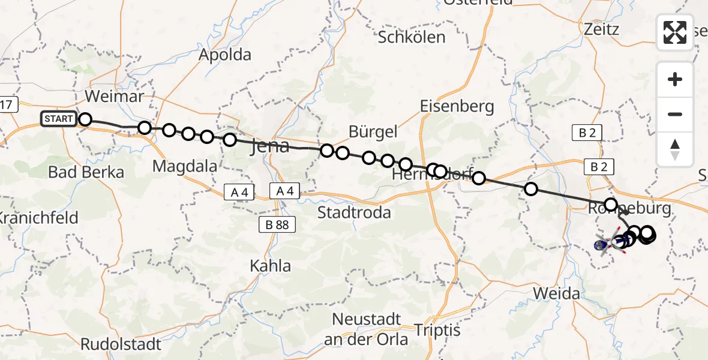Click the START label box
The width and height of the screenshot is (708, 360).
tap(58, 119)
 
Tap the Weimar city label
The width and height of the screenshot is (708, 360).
tap(115, 97)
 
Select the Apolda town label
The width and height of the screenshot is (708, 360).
tap(225, 55)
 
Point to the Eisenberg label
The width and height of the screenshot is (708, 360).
tap(457, 107)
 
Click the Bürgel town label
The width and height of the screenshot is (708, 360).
tap(373, 132)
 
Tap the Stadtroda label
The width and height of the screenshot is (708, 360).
tap(354, 212)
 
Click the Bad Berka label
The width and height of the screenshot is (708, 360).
tap(86, 173)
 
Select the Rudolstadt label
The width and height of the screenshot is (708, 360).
tap(121, 344)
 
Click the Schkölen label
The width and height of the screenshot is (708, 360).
tap(412, 37)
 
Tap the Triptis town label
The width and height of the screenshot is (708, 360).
tap(437, 331)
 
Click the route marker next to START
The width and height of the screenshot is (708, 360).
tap(85, 119)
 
